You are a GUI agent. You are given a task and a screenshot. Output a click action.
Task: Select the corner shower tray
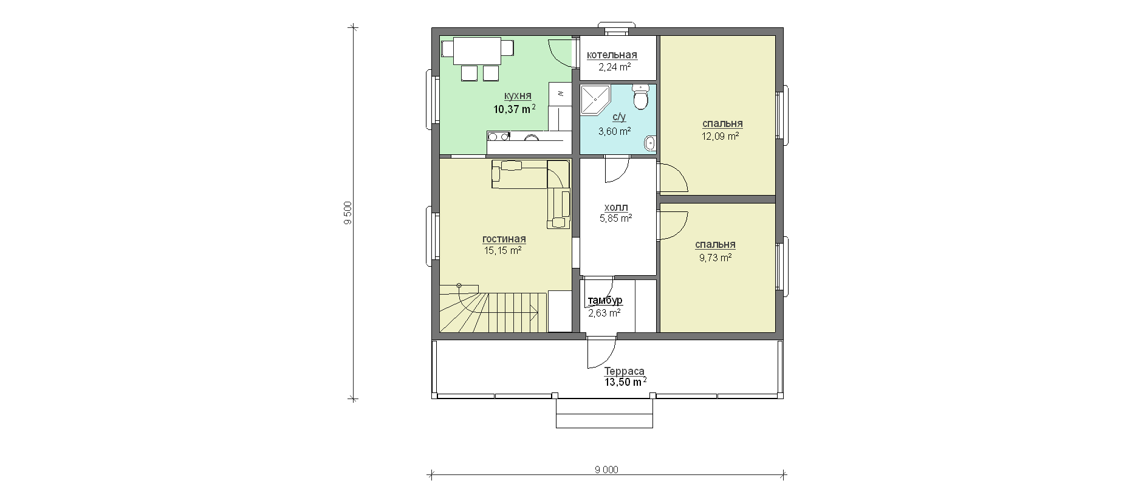[x=594, y=100]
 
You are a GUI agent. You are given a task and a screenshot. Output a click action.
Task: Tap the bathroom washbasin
[x=649, y=143]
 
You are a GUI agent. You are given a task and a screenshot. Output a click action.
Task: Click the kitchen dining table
[x=476, y=51]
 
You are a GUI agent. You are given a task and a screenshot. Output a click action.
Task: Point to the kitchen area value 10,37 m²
[x=515, y=109]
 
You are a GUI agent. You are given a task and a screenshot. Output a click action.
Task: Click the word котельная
[x=612, y=55]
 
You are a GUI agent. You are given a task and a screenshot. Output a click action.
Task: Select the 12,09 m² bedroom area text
[x=721, y=136]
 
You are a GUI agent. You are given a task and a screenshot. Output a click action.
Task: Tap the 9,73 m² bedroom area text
[x=716, y=257]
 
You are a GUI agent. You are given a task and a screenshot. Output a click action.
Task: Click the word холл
[x=616, y=207]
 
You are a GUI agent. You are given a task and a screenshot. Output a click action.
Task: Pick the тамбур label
[x=605, y=301]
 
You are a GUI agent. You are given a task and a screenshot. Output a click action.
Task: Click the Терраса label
[x=625, y=371]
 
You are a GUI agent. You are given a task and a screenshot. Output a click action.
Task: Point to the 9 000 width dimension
[x=607, y=470]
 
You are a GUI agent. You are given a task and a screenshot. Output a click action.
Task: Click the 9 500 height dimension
[x=348, y=213]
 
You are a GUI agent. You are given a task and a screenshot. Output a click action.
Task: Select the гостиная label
[x=504, y=239]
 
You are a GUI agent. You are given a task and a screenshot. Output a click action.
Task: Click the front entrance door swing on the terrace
[x=601, y=353]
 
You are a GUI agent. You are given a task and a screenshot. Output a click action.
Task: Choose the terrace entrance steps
[x=604, y=413]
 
